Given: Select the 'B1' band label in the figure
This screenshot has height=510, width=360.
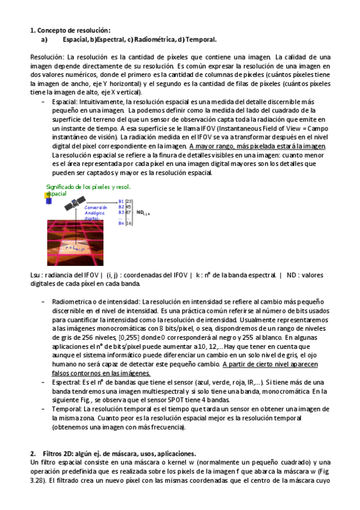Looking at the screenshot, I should click(121, 201).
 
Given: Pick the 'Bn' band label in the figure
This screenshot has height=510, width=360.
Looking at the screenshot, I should click(121, 223).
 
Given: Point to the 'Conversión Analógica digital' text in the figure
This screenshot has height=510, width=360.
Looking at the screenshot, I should click(96, 213).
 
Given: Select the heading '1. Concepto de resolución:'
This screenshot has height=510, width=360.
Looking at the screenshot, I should click(70, 30).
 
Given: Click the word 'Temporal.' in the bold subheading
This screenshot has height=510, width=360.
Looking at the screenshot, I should click(201, 40).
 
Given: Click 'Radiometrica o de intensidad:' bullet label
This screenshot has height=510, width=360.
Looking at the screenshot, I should click(96, 301).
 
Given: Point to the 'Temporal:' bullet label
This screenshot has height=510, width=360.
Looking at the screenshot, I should click(68, 408).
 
